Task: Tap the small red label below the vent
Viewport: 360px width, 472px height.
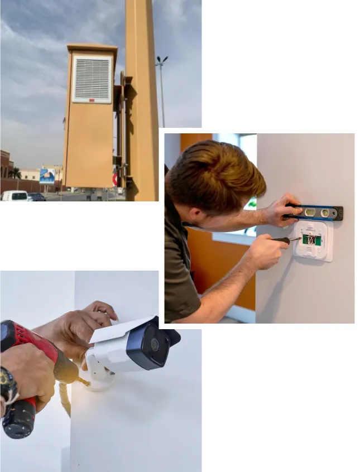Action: tap(92, 100)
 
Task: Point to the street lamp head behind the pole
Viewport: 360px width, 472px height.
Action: tap(162, 59)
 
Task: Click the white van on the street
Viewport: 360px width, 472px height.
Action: tap(15, 197)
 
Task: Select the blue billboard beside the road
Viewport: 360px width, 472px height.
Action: tap(47, 176)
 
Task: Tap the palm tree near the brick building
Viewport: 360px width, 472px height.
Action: tap(15, 173)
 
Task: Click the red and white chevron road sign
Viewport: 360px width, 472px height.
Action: tap(115, 180)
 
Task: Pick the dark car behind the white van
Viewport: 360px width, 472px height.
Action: tap(37, 198)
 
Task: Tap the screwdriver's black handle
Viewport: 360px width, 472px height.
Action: tap(279, 240)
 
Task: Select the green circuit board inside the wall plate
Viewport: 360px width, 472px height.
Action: tap(309, 239)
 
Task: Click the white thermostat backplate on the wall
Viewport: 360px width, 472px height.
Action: tap(314, 242)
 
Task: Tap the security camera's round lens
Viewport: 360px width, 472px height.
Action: tap(153, 344)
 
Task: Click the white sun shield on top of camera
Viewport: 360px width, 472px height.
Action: tap(120, 329)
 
